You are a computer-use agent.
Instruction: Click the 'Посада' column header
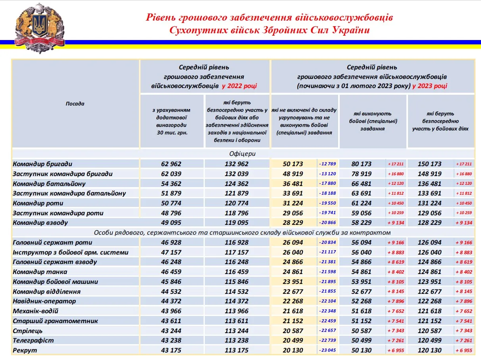tap(75, 104)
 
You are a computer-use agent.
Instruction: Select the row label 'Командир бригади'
tap(42, 164)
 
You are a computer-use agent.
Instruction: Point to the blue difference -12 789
tap(327, 164)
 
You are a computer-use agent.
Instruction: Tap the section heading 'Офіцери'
tap(242, 153)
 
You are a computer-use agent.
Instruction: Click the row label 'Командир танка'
tap(40, 272)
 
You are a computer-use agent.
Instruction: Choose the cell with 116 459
tap(236, 272)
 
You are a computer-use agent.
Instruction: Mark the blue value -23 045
tap(327, 350)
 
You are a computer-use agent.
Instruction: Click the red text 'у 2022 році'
tap(239, 85)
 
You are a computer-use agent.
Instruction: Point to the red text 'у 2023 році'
tap(430, 85)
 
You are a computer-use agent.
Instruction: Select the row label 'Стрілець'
tap(27, 331)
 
